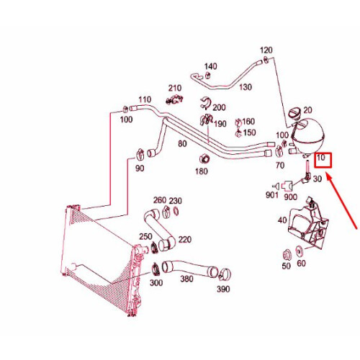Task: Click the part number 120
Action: pyautogui.click(x=266, y=50)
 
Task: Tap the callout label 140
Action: pyautogui.click(x=210, y=66)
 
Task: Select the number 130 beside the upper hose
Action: pyautogui.click(x=246, y=87)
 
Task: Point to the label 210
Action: pyautogui.click(x=175, y=89)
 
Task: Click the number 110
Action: pyautogui.click(x=145, y=99)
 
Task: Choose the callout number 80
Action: pyautogui.click(x=182, y=143)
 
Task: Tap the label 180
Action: pyautogui.click(x=202, y=171)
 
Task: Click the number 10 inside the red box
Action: pyautogui.click(x=322, y=158)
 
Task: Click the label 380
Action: pyautogui.click(x=186, y=279)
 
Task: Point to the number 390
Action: pyautogui.click(x=224, y=289)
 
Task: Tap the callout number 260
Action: pyautogui.click(x=159, y=200)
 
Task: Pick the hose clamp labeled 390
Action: pyautogui.click(x=225, y=273)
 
